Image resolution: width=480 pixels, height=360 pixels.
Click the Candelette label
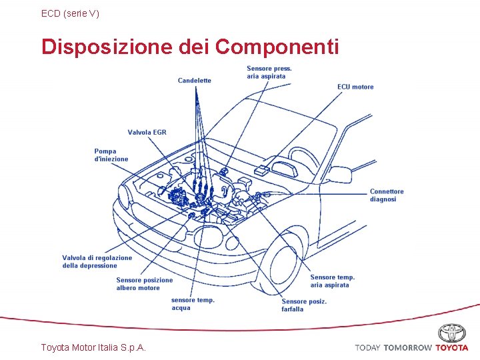[194, 81]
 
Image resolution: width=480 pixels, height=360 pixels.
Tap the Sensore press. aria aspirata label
[269, 73]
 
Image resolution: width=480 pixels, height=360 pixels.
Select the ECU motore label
[355, 87]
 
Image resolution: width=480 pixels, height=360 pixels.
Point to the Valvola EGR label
[147, 132]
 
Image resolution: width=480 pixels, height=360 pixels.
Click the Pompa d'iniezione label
[111, 155]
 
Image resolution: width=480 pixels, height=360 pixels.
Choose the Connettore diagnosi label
[387, 195]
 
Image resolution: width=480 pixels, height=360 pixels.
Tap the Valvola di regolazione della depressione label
[97, 261]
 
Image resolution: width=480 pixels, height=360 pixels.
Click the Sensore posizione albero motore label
[144, 284]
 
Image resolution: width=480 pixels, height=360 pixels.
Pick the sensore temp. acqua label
[193, 304]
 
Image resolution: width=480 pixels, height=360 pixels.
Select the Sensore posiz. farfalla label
[304, 305]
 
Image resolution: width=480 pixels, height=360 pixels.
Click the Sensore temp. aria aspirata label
[332, 281]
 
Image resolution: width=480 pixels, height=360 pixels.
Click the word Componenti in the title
[277, 47]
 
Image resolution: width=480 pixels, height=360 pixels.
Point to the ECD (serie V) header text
[70, 13]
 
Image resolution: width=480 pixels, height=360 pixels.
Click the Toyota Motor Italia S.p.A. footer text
[94, 347]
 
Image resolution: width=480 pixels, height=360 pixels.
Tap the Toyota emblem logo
[452, 333]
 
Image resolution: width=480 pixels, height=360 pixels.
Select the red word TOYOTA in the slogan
[452, 348]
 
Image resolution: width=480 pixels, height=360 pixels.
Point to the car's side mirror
[341, 175]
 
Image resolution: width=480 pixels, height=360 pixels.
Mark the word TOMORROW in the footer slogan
[407, 348]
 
